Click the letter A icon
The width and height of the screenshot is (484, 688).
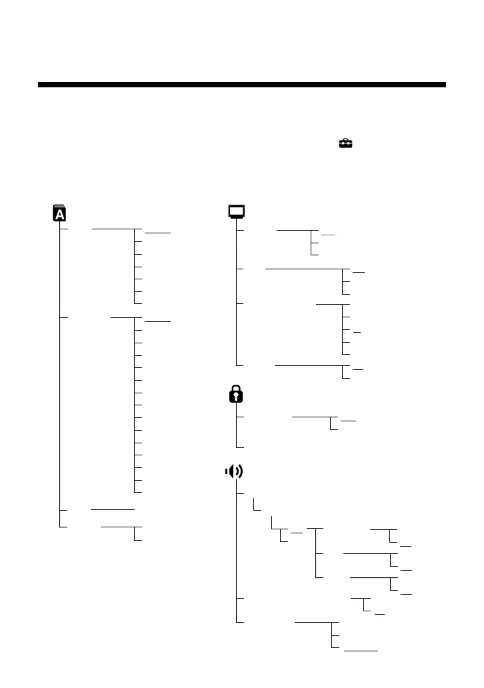[x=59, y=213]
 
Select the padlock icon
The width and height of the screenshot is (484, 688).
[x=236, y=395]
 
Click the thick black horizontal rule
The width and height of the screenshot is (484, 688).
[x=241, y=85]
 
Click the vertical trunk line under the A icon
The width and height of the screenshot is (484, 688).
[x=60, y=373]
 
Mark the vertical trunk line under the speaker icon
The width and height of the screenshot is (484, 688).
[x=236, y=553]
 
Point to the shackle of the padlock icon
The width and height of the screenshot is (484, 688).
[x=236, y=389]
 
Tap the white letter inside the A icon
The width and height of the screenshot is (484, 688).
[x=59, y=214]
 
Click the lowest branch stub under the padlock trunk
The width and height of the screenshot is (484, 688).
[x=241, y=446]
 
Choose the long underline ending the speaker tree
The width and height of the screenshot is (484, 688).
[x=361, y=649]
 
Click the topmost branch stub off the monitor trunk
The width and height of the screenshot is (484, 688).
[x=241, y=230]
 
